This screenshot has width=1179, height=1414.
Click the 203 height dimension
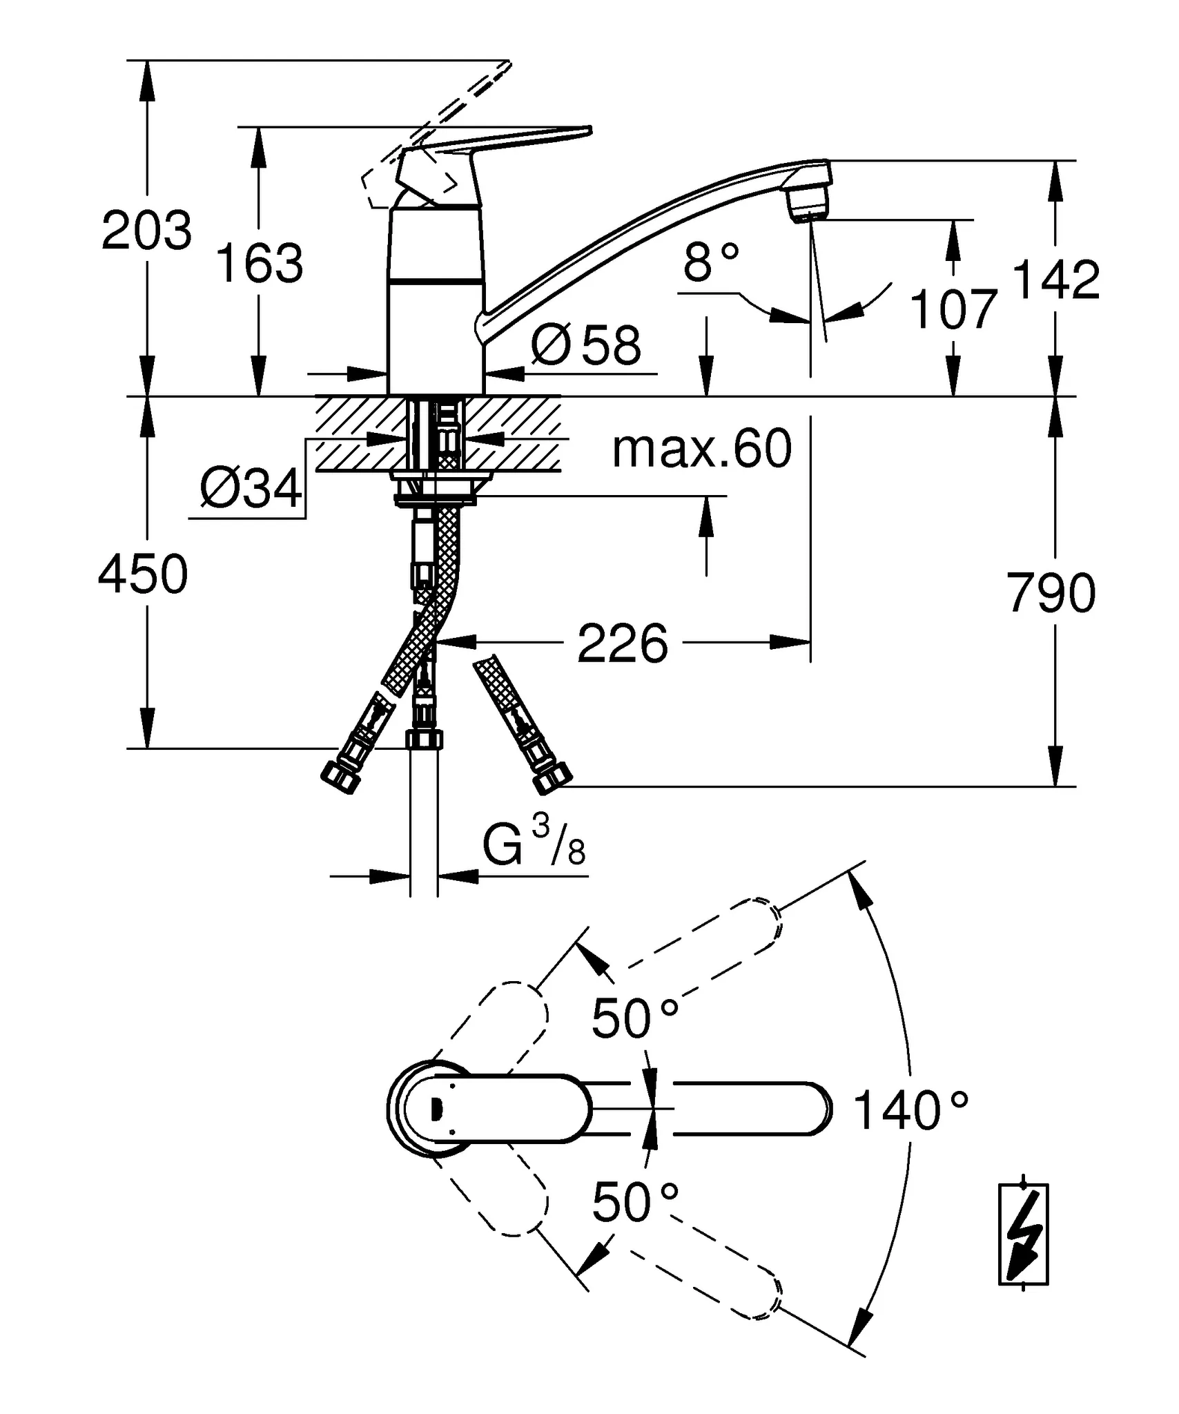point(146,231)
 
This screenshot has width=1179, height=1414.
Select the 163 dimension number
point(260,264)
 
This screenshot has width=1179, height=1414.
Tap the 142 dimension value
point(1055,280)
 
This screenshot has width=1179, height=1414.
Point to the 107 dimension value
point(954,309)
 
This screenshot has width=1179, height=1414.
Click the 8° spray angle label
point(711,263)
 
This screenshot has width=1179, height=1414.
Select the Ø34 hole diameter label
point(251,489)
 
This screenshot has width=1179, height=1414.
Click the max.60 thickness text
point(702,449)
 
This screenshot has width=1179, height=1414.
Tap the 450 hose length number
point(143,574)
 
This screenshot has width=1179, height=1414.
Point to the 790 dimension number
point(1051,593)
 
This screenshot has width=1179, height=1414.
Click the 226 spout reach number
point(623,643)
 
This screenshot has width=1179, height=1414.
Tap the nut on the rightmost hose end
point(554,779)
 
